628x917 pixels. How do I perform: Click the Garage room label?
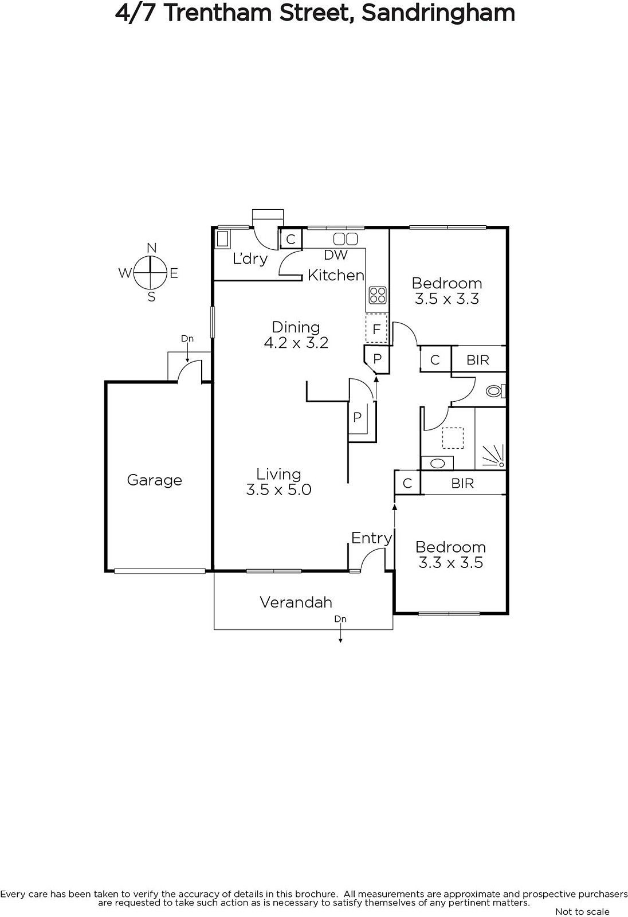154,480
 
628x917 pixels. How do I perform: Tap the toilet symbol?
496,391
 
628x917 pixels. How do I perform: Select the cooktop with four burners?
377,295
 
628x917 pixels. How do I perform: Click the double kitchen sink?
345,238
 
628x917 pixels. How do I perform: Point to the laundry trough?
222,238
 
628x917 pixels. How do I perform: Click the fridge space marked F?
376,328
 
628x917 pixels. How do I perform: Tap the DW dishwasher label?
336,255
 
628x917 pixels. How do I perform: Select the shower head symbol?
494,456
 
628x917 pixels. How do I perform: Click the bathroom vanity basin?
438,464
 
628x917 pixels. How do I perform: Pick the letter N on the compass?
151,248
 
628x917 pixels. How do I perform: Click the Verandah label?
296,602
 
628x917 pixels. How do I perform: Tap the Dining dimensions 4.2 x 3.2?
296,343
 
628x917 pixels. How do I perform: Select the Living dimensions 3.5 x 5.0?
278,489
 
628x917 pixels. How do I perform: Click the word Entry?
371,538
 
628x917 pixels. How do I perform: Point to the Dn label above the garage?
187,339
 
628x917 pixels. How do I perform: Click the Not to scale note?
582,912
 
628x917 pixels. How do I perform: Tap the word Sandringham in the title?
438,13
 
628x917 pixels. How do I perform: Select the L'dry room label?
250,258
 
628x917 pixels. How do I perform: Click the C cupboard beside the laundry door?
291,239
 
